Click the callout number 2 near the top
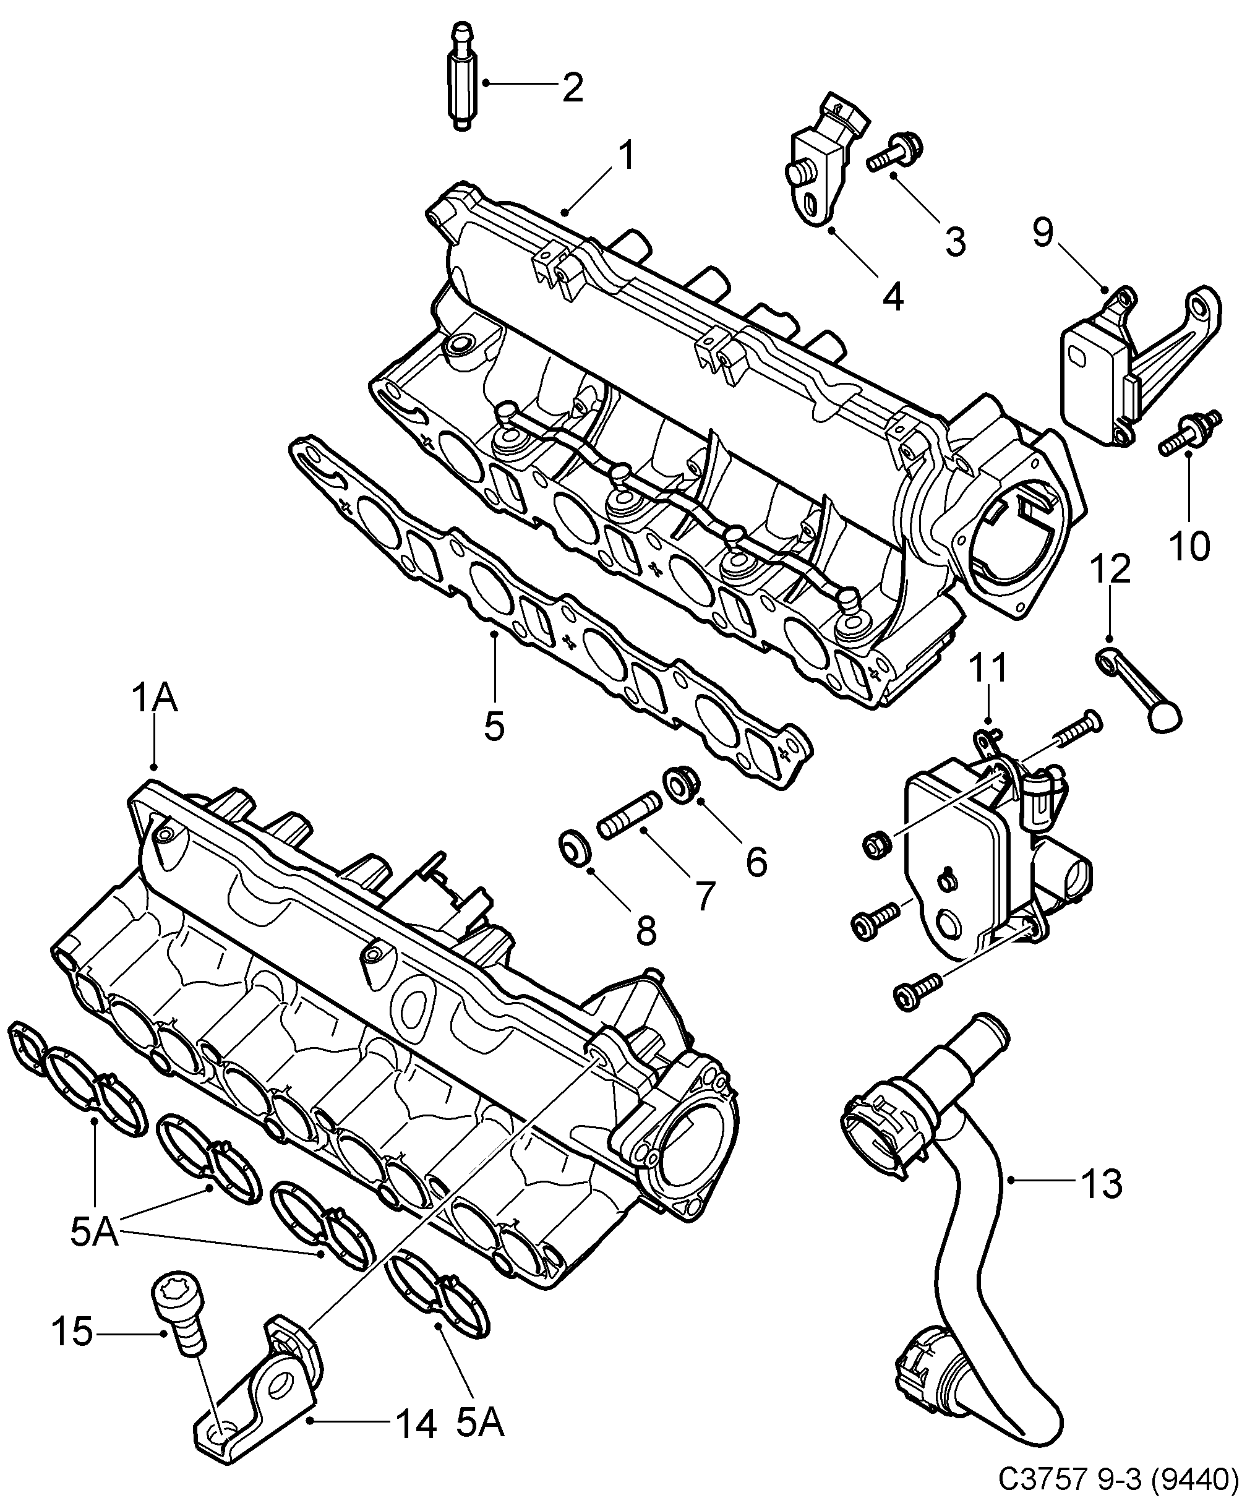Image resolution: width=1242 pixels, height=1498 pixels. click(572, 88)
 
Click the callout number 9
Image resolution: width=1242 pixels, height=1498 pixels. click(1042, 233)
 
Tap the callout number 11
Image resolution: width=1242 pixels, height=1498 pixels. click(989, 669)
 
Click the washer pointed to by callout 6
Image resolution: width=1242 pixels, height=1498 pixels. click(681, 785)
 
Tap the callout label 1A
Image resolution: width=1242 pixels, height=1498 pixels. click(154, 698)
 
